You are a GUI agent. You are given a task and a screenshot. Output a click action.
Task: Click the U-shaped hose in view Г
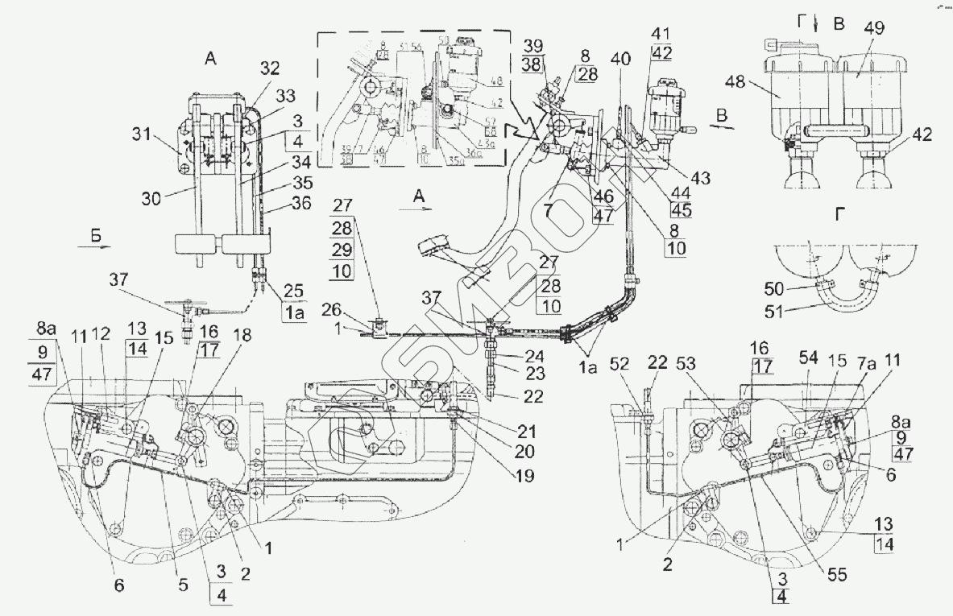pyautogui.click(x=846, y=299)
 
